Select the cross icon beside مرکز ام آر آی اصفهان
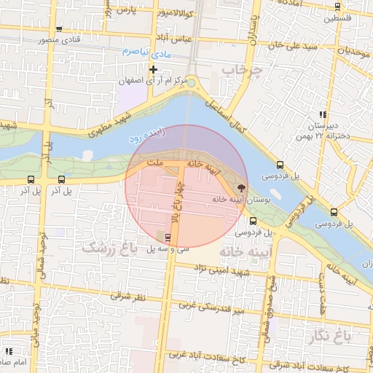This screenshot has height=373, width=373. coord(153,70)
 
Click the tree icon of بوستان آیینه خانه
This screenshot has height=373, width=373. coord(241,187)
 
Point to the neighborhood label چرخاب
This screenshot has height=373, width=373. coord(242,71)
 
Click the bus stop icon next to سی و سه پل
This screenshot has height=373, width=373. coord(168,237)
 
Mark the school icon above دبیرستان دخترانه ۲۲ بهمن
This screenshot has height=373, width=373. coord(322,114)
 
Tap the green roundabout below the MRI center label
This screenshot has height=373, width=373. coord(191,82)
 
